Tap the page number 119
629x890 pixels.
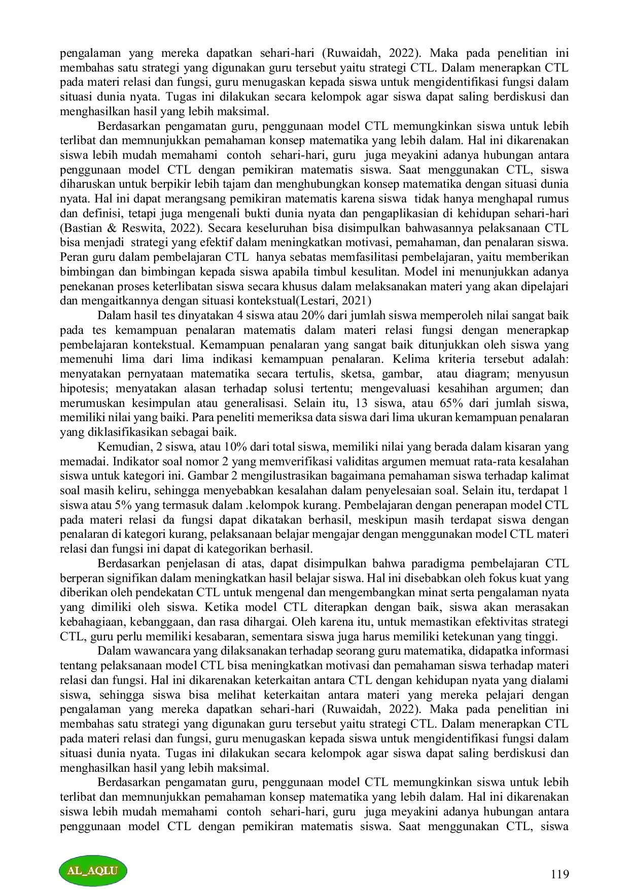pos(560,874)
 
